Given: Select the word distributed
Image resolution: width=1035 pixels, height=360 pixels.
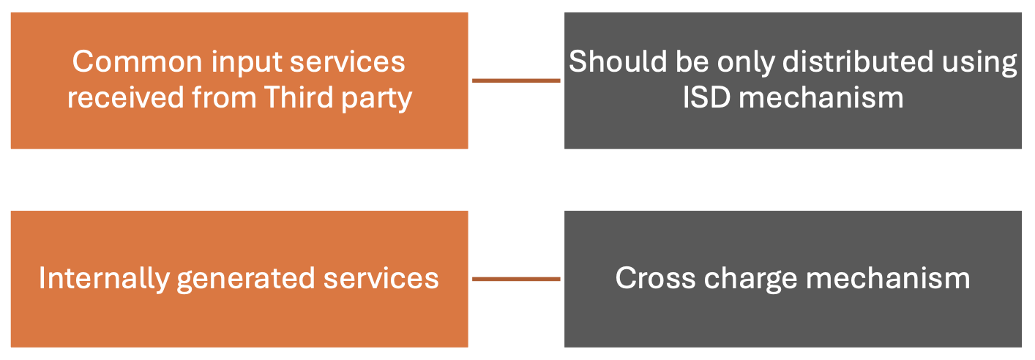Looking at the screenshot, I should pos(858,62).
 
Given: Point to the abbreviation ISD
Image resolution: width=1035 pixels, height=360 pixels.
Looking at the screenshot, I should pos(707,98).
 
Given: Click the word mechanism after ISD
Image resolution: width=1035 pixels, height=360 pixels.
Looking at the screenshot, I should pos(821,98).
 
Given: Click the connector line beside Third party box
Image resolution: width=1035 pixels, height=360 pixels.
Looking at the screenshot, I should pos(516,80).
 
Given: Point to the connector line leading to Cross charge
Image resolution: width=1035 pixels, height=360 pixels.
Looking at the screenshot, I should pos(516,279).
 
